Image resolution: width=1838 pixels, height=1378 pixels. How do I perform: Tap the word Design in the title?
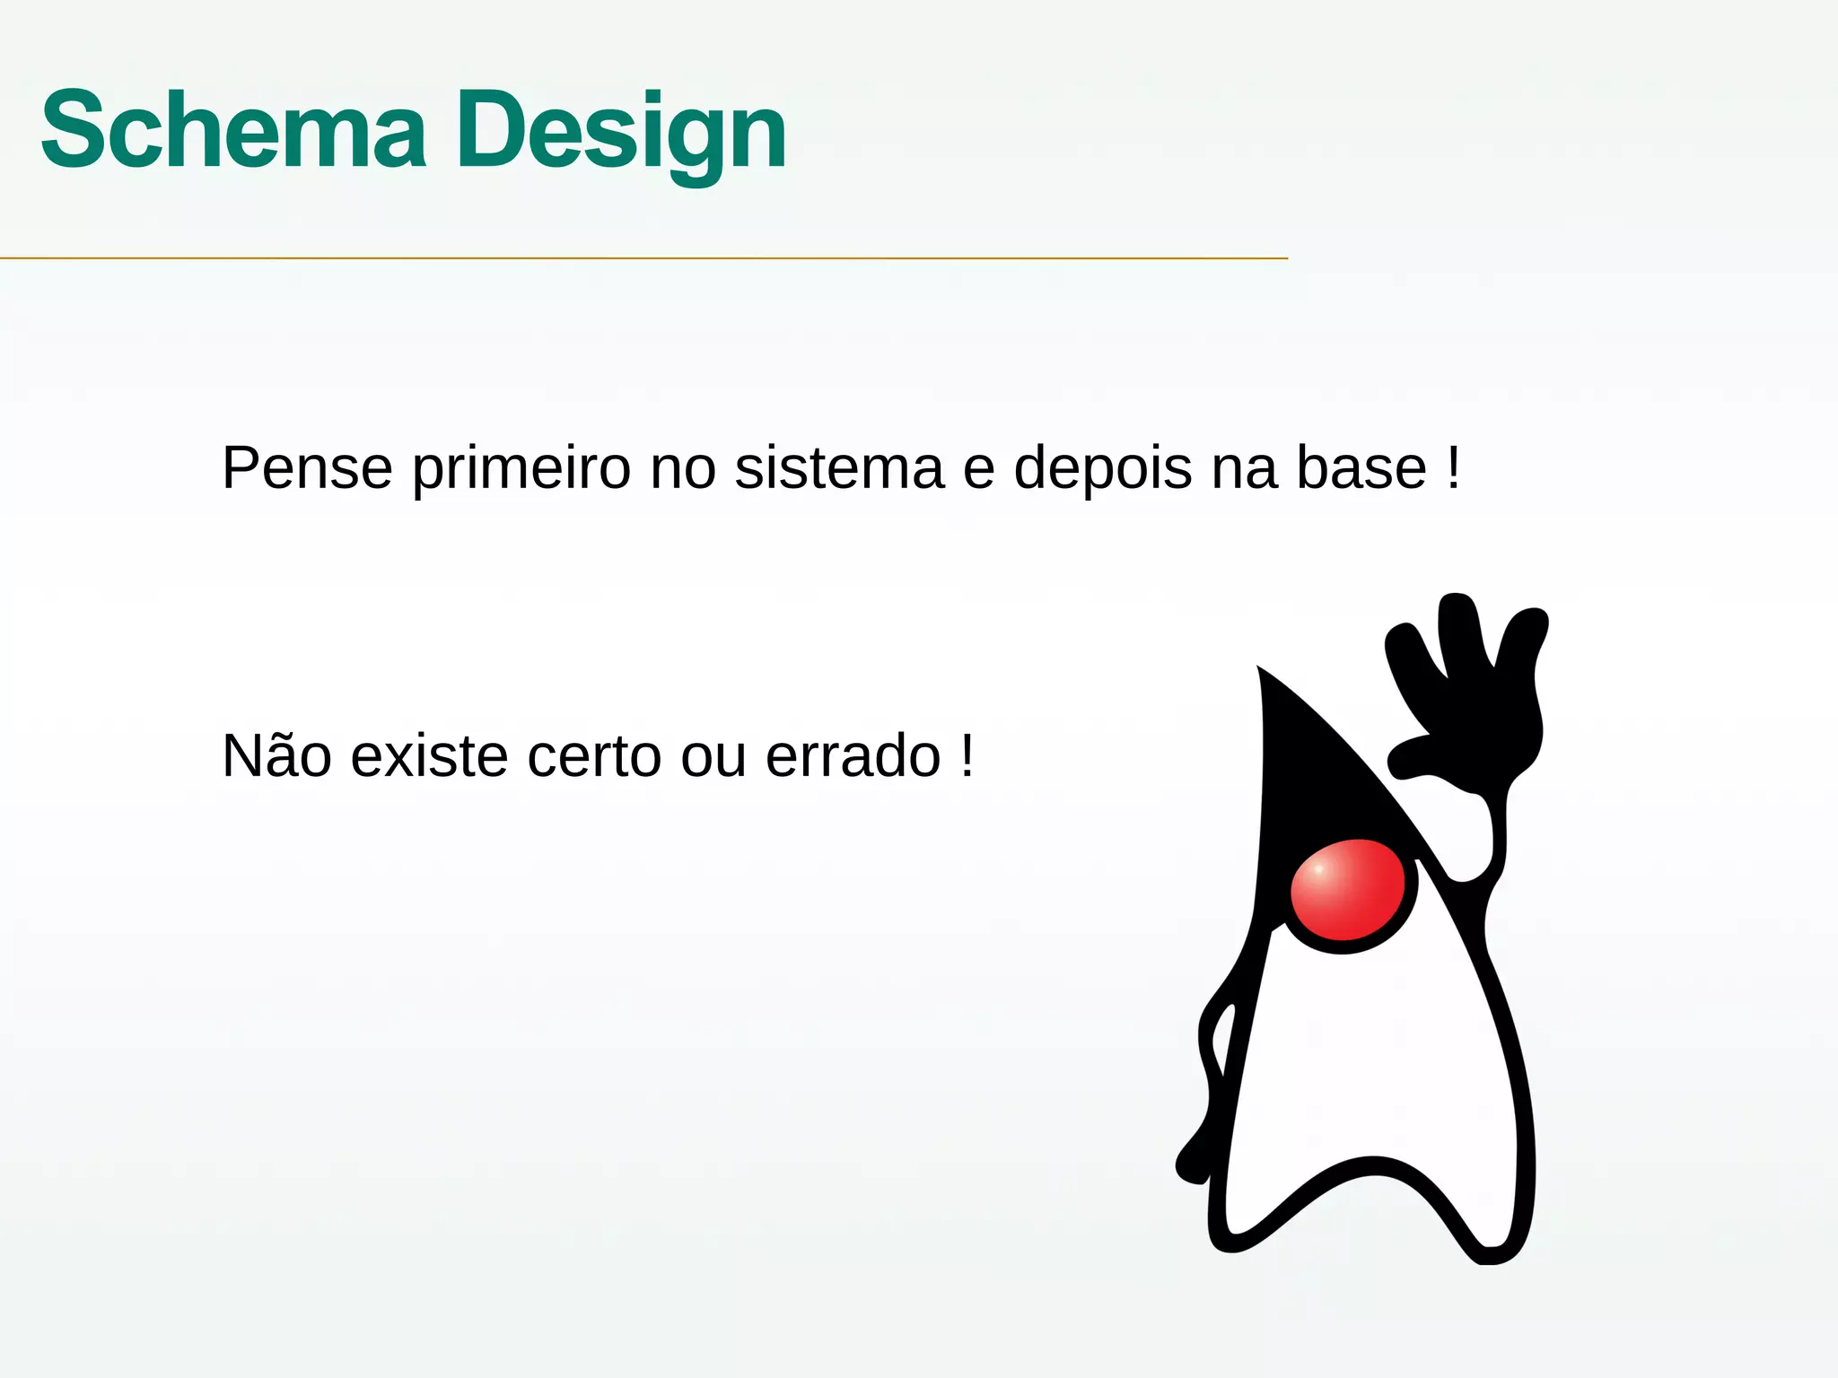(621, 133)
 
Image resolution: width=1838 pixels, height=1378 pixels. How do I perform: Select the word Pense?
(307, 467)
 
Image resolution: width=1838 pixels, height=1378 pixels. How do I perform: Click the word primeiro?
(521, 469)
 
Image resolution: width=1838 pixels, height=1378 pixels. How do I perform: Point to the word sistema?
(839, 467)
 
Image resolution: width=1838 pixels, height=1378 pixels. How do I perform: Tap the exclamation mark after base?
(1453, 467)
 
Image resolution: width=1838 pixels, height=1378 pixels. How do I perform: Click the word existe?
(429, 756)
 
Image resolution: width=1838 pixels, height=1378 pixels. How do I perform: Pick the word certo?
(594, 756)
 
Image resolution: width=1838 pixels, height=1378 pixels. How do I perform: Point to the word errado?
(853, 756)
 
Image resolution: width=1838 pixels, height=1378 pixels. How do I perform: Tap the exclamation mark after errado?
(967, 754)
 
